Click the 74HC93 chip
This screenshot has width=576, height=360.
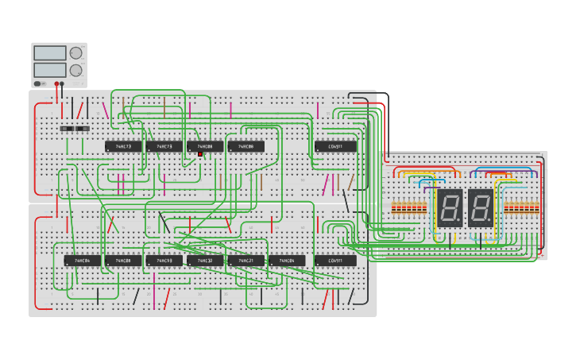coord(164,261)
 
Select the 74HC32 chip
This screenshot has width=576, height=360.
coord(205,261)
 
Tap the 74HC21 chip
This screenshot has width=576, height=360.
coord(245,261)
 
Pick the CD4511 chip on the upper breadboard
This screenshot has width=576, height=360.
coord(335,146)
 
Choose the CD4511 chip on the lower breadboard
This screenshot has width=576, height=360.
coord(335,261)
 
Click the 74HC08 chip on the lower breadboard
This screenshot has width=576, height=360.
coord(123,261)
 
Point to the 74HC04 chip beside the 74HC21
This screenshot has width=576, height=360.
coord(287,261)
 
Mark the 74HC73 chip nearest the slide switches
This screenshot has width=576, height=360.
coord(123,146)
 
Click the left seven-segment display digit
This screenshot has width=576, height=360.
coord(450,208)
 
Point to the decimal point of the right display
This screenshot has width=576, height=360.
coord(490,222)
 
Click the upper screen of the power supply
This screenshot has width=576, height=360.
coord(50,53)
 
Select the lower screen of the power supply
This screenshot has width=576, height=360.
coord(50,70)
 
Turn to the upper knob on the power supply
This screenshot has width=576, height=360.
coord(75,53)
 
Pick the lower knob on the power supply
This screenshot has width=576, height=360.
coord(75,70)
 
